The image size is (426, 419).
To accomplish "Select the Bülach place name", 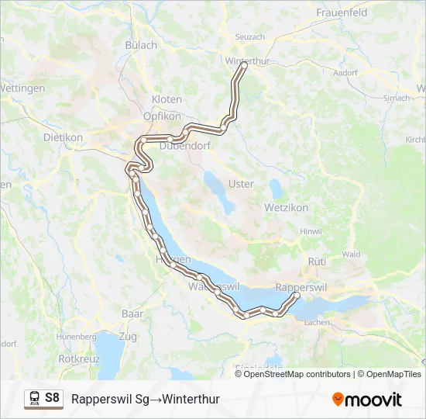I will click(x=141, y=45).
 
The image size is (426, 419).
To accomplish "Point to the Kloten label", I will click(x=167, y=99).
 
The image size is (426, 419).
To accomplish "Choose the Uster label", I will click(x=241, y=184).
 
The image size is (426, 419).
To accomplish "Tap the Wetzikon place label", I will click(x=287, y=208).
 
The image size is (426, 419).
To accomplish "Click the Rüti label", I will click(x=318, y=262).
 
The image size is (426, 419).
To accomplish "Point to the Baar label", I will click(x=132, y=314).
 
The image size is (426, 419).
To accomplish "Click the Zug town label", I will click(x=128, y=336).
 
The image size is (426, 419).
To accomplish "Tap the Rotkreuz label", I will click(x=77, y=359).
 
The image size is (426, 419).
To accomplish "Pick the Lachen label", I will click(x=318, y=321).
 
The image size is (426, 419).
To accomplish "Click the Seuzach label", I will click(x=250, y=36).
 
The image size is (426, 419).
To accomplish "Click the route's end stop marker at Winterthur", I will click(x=243, y=66).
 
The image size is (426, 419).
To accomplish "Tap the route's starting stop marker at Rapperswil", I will click(x=297, y=296).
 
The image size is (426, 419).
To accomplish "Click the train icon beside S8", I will click(x=35, y=399).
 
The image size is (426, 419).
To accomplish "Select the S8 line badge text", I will click(x=52, y=399).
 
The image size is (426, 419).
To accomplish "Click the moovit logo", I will click(x=367, y=400).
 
